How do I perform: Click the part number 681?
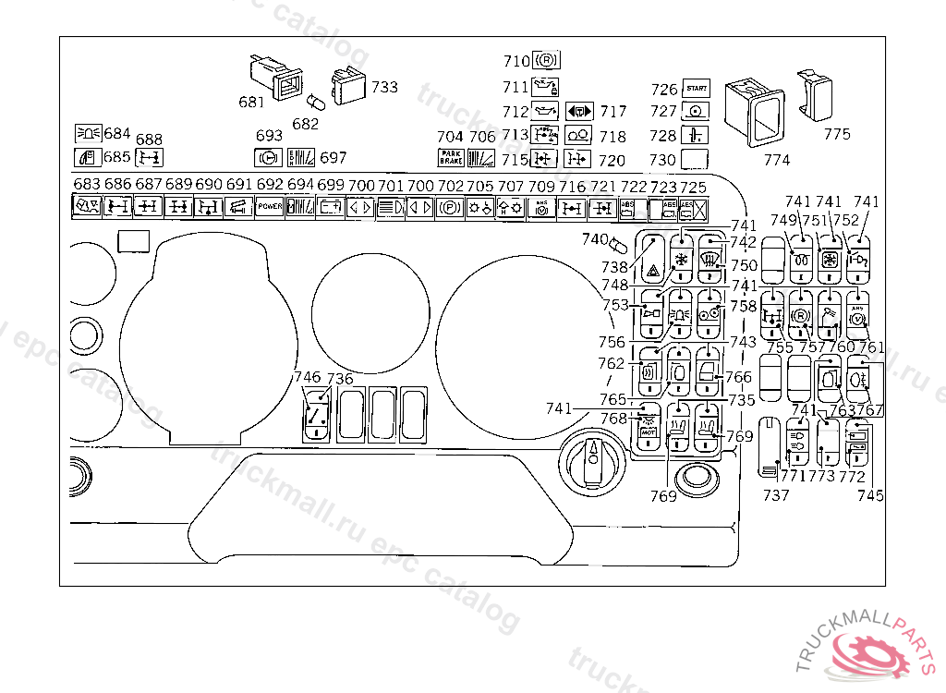251,103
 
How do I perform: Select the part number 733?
384,87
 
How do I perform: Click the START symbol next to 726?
696,90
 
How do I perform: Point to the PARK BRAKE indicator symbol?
451,158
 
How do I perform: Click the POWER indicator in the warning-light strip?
270,207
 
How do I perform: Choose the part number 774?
777,160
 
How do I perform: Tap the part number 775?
836,134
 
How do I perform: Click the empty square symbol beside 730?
695,159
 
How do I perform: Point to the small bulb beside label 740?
620,247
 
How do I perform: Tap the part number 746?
307,377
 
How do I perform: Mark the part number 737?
776,495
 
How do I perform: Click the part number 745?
869,495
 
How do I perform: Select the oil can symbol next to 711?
546,87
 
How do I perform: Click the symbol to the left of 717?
578,111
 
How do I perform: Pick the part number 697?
333,158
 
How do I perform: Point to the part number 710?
515,62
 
